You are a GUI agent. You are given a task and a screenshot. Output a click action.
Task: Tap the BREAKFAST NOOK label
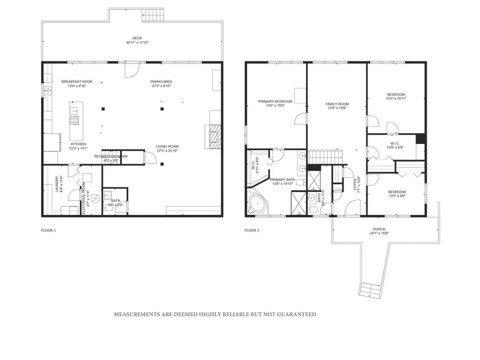(77, 82)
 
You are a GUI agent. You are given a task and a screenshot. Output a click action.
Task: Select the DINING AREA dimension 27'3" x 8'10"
(161, 86)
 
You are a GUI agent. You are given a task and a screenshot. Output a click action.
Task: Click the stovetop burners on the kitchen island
(75, 120)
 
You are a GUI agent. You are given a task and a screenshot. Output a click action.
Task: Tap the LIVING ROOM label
(167, 147)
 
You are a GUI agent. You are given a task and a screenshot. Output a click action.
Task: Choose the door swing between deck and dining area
(131, 69)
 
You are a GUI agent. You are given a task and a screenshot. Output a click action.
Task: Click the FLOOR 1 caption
(49, 230)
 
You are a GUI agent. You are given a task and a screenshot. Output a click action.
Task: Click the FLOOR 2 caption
(252, 230)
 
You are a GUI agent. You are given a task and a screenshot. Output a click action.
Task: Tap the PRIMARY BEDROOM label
(275, 101)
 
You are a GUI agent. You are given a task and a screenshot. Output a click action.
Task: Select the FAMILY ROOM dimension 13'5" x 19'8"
(337, 108)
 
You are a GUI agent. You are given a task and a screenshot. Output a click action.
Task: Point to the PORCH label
(379, 229)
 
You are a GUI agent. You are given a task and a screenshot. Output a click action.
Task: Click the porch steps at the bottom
(369, 290)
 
